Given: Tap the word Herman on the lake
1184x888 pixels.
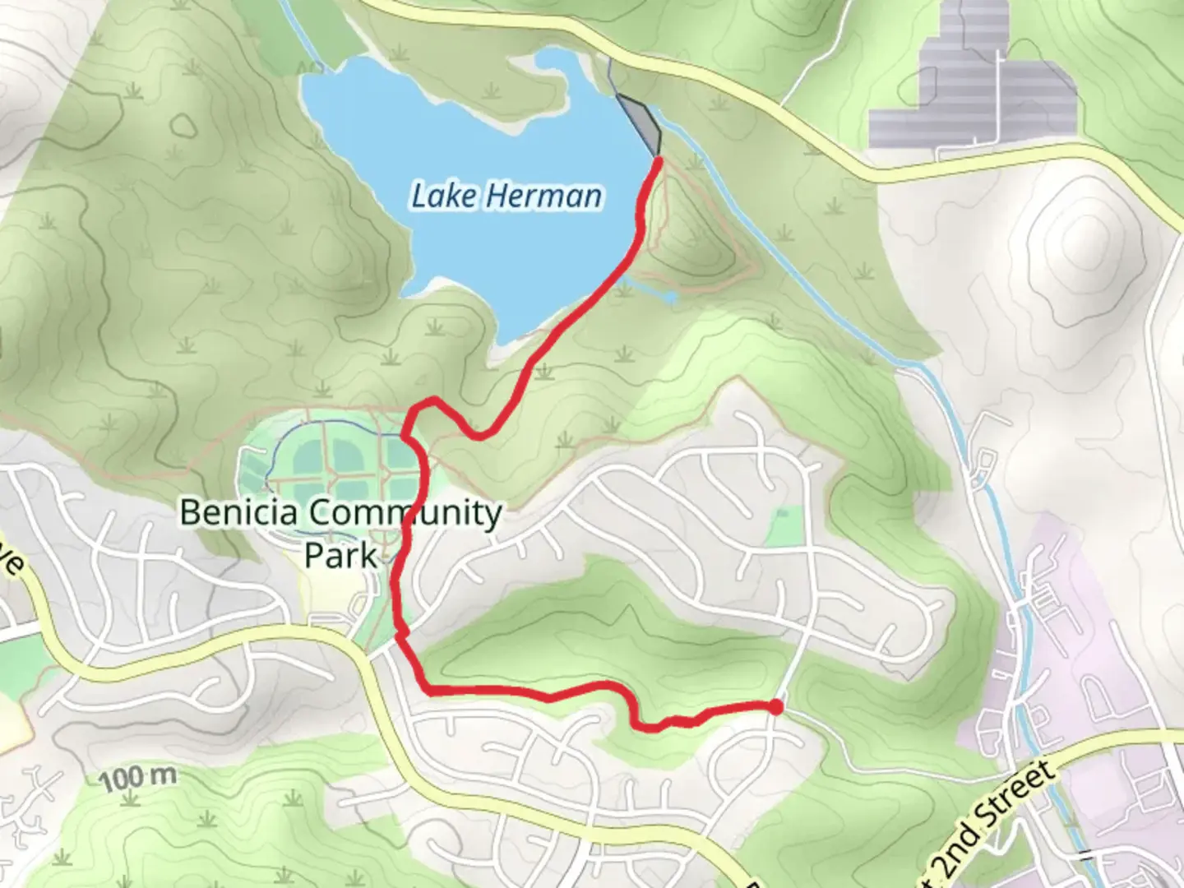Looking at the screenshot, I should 543,196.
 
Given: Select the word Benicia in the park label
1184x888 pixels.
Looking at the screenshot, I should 232,512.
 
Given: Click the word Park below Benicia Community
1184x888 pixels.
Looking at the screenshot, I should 340,555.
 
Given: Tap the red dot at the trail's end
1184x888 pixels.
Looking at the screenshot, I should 775,707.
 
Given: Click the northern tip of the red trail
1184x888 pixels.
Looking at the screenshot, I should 659,161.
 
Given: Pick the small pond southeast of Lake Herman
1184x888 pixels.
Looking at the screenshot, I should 671,296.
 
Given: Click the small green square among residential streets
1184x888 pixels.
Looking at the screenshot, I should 784,527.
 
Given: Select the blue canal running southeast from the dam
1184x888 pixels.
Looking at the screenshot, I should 822,280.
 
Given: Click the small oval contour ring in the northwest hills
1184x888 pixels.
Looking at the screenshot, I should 183,124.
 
